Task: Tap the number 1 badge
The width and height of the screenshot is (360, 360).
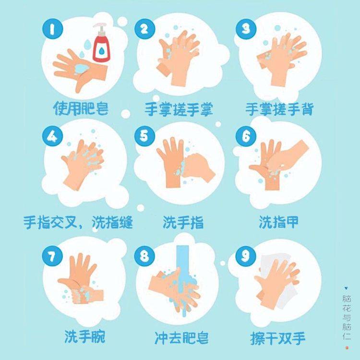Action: click(53, 29)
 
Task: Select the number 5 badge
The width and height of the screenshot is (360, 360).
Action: click(144, 135)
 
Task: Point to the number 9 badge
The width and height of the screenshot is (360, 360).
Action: click(245, 255)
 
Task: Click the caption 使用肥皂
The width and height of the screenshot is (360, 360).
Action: click(81, 108)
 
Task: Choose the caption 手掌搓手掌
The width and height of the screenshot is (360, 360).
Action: click(179, 109)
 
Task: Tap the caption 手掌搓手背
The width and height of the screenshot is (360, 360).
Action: click(279, 109)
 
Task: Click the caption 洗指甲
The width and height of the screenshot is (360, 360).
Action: click(279, 222)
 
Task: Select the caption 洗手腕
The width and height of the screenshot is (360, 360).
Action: click(84, 336)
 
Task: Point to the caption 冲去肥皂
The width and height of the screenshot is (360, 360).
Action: click(181, 337)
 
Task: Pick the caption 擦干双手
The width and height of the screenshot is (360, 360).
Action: click(278, 338)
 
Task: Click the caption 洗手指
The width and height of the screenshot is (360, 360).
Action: click(183, 222)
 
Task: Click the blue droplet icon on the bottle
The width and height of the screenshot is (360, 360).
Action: click(101, 50)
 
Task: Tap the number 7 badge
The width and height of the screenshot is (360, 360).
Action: click(52, 255)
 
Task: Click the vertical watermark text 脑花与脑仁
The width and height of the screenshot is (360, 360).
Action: click(347, 317)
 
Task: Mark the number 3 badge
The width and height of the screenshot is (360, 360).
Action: click(246, 29)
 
